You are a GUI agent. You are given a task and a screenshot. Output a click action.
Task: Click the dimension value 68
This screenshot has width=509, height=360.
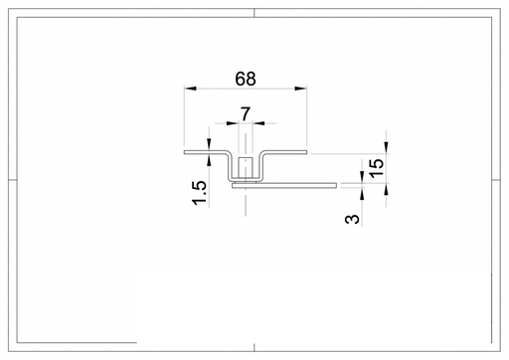coord(246,79)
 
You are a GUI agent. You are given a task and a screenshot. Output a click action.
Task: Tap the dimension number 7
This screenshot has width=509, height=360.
coord(246,114)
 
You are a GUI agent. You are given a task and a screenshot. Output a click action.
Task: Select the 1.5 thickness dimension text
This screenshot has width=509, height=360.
coord(200,193)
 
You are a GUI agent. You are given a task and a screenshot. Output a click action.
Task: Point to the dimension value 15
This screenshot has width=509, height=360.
coord(377,168)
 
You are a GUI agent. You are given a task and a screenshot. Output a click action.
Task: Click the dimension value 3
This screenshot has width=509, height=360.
coord(352,219)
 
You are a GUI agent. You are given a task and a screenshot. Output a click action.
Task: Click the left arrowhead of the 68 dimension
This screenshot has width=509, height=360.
coord(191,89)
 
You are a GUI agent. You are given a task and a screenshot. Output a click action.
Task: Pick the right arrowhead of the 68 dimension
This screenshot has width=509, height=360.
coord(300,89)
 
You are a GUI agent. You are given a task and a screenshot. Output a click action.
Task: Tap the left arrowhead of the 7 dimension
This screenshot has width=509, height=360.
coord(233,123)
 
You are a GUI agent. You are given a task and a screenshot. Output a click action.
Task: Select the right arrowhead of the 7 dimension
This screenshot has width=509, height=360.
coord(258,123)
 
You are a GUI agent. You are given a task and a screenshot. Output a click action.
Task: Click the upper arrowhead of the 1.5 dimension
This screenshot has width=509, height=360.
coord(209,144)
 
